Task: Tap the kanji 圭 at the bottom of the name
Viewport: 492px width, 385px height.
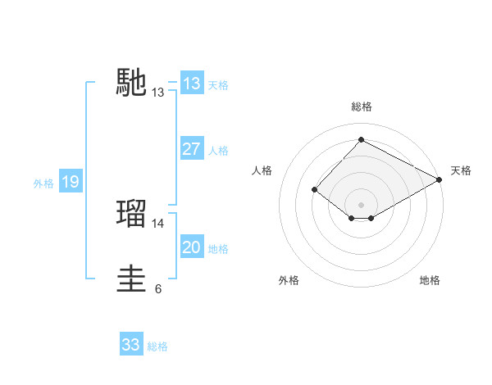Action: coord(132,279)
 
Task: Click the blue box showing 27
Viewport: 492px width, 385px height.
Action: coord(191,149)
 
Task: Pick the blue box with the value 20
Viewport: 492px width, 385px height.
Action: coord(191,247)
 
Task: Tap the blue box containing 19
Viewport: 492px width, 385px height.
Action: coord(70,182)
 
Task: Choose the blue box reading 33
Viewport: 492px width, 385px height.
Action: coord(131,345)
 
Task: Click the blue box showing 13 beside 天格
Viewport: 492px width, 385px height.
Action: coord(191,84)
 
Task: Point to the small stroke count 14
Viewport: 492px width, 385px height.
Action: coord(158,223)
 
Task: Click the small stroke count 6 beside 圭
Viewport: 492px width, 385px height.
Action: coord(158,288)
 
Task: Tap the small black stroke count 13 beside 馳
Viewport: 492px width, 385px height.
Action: coord(158,93)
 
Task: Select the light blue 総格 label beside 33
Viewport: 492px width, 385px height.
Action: coord(157,346)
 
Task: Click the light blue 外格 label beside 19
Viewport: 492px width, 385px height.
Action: coord(43,183)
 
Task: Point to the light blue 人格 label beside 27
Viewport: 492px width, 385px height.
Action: coord(218,151)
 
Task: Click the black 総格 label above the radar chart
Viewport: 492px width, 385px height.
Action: coord(361,106)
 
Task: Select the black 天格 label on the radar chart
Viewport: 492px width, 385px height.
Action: coord(461,170)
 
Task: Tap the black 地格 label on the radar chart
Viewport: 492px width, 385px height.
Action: coord(430,280)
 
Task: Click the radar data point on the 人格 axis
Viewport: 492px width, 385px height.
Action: coord(315,189)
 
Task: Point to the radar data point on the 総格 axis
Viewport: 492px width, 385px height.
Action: coord(361,139)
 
